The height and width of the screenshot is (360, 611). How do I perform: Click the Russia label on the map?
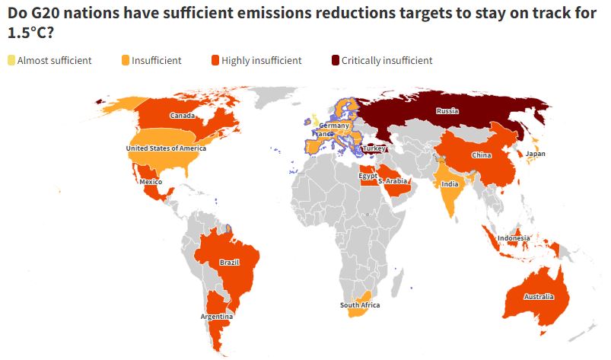447,110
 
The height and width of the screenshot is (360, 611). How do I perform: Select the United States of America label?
166,148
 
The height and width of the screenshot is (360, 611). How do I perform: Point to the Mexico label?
150,182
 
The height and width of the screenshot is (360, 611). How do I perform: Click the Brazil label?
229,263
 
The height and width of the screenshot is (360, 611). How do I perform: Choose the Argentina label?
216,317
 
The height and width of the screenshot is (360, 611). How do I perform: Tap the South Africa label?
360,305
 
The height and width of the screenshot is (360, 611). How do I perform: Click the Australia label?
539,296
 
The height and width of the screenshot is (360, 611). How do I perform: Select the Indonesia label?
514,238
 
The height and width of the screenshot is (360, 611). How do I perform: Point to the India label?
450,183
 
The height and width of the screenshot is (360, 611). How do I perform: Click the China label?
481,155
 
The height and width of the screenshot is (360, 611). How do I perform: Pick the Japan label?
536,154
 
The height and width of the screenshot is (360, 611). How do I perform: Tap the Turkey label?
374,148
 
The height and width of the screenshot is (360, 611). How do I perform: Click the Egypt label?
368,176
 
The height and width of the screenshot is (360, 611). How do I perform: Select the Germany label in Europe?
335,125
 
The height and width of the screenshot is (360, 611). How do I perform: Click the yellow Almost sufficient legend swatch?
11,60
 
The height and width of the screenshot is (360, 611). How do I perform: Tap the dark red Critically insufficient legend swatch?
336,60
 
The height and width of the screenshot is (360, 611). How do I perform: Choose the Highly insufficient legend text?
262,60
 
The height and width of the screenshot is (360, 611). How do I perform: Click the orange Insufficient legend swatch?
126,60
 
